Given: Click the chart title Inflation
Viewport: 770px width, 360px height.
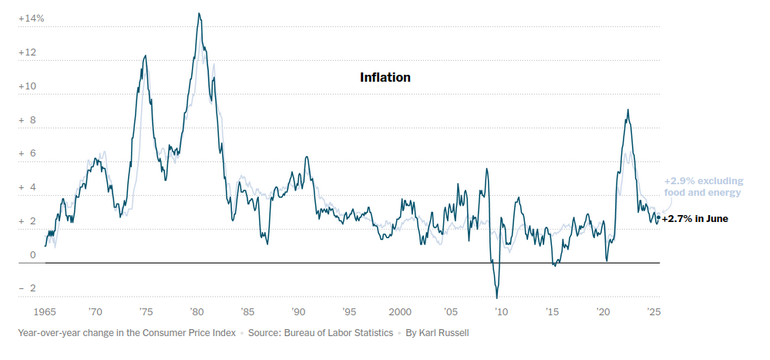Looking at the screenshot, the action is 385,78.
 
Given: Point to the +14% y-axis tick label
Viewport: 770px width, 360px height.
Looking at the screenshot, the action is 32,19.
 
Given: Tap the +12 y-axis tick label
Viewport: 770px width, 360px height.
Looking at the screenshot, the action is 28,52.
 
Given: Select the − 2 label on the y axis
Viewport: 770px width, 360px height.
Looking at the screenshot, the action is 28,288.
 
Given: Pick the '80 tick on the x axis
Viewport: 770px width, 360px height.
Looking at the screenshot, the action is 197,312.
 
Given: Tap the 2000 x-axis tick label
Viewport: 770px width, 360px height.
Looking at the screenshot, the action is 399,312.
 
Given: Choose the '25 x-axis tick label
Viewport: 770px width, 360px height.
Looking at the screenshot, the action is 653,312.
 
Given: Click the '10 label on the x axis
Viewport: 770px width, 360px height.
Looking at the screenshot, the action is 501,312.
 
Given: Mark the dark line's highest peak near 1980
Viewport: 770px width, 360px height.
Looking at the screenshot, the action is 199,13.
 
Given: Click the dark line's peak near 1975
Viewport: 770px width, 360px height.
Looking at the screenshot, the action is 145,56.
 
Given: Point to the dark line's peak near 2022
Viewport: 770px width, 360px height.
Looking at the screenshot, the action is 627,109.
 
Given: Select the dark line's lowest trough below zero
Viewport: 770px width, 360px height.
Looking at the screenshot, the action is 497,298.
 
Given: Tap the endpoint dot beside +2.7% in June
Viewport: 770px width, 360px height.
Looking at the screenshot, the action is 658,217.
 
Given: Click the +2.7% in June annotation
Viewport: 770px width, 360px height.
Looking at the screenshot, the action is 695,219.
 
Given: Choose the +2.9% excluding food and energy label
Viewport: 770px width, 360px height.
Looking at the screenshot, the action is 703,187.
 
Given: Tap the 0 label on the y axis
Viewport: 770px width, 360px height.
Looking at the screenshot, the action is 33,255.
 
